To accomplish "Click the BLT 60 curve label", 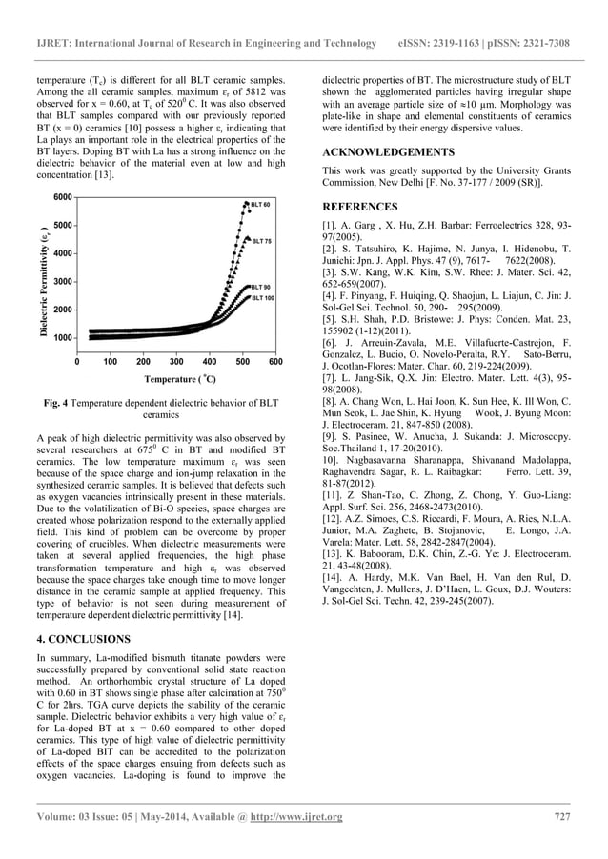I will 261,205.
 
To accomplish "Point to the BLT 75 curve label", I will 261,241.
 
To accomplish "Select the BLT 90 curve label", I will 261,287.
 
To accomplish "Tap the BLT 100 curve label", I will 263,298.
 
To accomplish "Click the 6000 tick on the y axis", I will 62,197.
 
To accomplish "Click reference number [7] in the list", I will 331,377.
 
